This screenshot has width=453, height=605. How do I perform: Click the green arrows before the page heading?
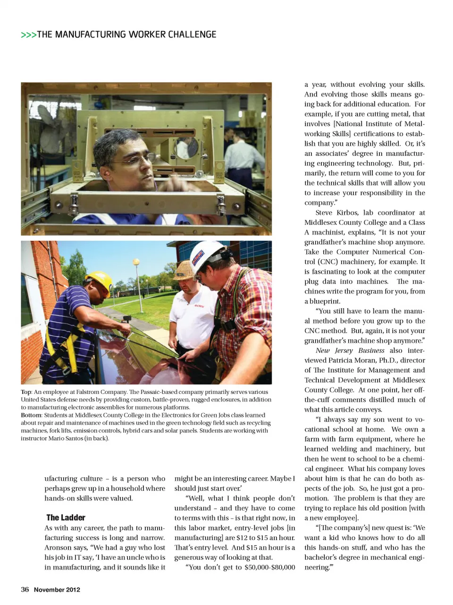coord(28,35)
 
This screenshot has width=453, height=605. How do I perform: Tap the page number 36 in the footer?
coord(25,589)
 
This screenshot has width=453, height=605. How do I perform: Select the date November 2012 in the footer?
coord(57,589)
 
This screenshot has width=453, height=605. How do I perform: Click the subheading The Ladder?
coord(66,517)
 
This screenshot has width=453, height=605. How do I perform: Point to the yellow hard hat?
coord(101,281)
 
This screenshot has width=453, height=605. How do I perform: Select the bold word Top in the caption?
coord(26,392)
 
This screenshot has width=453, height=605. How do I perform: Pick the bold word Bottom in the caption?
coord(31,415)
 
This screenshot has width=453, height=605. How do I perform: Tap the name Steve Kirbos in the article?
coord(337,213)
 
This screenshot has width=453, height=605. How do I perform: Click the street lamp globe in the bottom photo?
coord(136,262)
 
